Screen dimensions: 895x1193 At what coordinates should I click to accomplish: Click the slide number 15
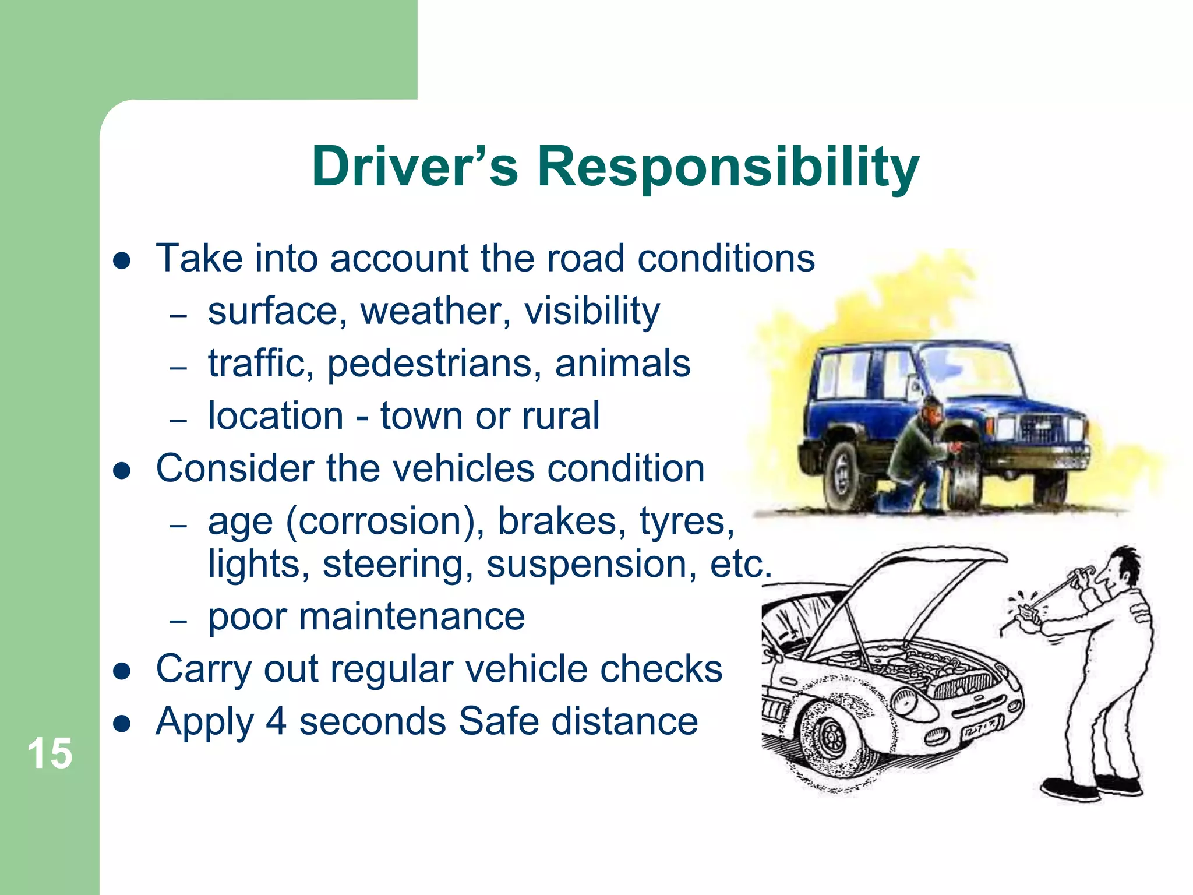(x=50, y=754)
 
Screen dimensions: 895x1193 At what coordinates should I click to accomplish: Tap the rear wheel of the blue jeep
(x=842, y=475)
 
